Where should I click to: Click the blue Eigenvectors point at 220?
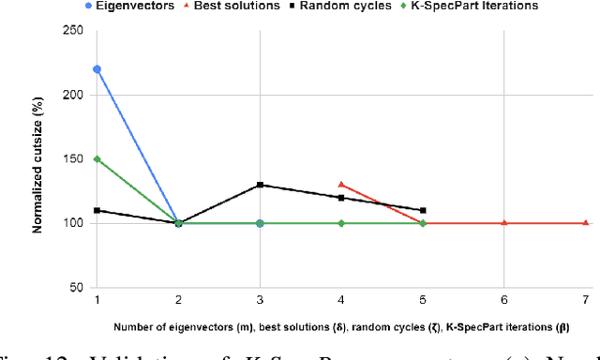click(97, 68)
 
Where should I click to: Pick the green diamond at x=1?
click(97, 158)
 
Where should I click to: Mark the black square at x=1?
click(97, 210)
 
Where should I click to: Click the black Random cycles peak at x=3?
click(260, 185)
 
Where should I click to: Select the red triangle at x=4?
click(341, 185)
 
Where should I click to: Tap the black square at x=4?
click(341, 198)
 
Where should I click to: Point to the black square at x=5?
click(423, 210)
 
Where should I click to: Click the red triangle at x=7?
click(586, 223)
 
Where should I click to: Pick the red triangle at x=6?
click(504, 223)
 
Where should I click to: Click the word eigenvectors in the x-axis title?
click(195, 327)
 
